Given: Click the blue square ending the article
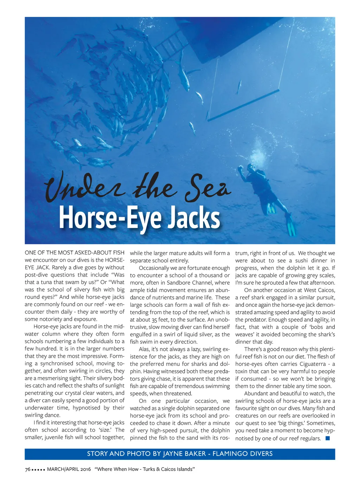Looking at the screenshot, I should click(327, 438).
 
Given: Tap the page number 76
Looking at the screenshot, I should click(27, 469).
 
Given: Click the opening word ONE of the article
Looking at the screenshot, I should click(30, 253).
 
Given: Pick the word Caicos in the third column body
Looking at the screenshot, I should click(326, 290).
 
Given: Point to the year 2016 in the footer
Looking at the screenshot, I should click(84, 469).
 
